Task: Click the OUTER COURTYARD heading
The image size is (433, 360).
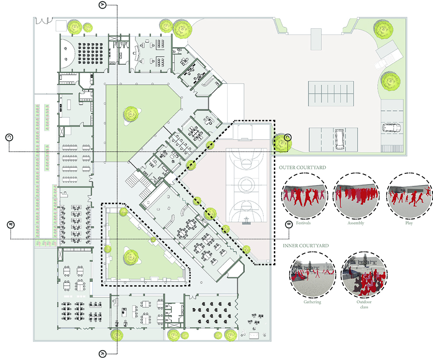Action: [302, 167]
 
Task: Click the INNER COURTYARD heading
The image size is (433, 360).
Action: [306, 245]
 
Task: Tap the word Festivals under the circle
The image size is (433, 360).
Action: [303, 223]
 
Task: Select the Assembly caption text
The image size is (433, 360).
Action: [356, 223]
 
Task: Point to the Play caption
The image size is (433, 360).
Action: [409, 223]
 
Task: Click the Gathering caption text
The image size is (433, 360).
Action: [312, 302]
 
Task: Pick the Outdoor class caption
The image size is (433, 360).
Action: [364, 304]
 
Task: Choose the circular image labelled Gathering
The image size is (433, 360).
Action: [313, 274]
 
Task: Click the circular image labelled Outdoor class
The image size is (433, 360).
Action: [364, 274]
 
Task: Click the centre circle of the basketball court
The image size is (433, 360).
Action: [246, 185]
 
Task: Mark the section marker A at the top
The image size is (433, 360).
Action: [103, 5]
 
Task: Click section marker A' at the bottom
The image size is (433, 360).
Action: [103, 354]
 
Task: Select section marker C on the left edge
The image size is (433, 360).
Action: [9, 137]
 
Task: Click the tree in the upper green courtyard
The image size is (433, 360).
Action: [131, 114]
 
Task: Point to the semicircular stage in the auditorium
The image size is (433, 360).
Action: [67, 54]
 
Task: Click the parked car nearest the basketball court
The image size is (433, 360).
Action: [340, 139]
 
